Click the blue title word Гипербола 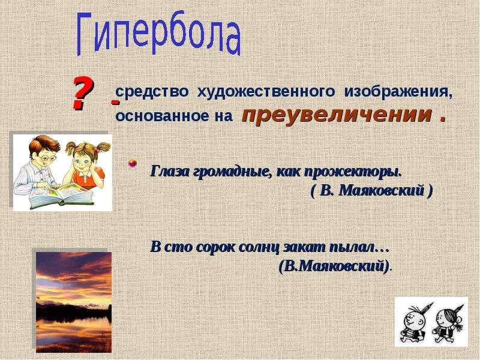click(158, 34)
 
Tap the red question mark click(82, 93)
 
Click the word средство click(152, 92)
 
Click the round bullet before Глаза click(132, 163)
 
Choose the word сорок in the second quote click(214, 248)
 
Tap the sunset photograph click(74, 302)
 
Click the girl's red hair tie click(96, 149)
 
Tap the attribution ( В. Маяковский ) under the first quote click(371, 191)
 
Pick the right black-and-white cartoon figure click(448, 322)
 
